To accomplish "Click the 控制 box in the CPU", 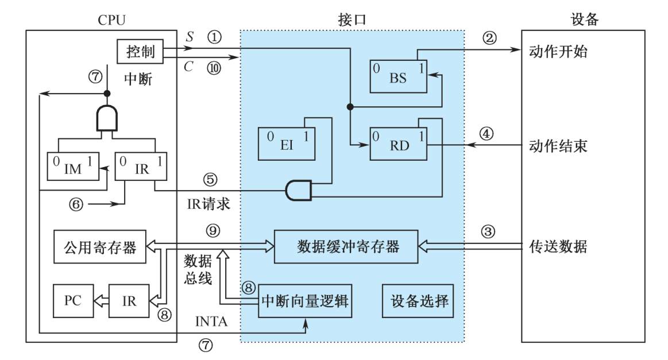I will point(140,52).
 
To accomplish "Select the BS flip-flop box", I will point(398,76).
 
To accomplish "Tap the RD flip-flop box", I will point(399,144).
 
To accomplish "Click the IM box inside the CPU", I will point(73,167).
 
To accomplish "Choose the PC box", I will point(73,300).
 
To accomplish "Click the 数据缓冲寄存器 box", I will point(347,246).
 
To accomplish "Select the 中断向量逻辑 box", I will point(304,301).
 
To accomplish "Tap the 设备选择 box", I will point(419,300).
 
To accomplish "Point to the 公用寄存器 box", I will point(99,247).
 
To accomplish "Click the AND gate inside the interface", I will point(298,190).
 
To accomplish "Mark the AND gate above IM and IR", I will point(107,119).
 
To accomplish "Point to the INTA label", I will point(212,322).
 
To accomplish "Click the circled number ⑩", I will point(214,67).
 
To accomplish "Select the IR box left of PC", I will point(129,300).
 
